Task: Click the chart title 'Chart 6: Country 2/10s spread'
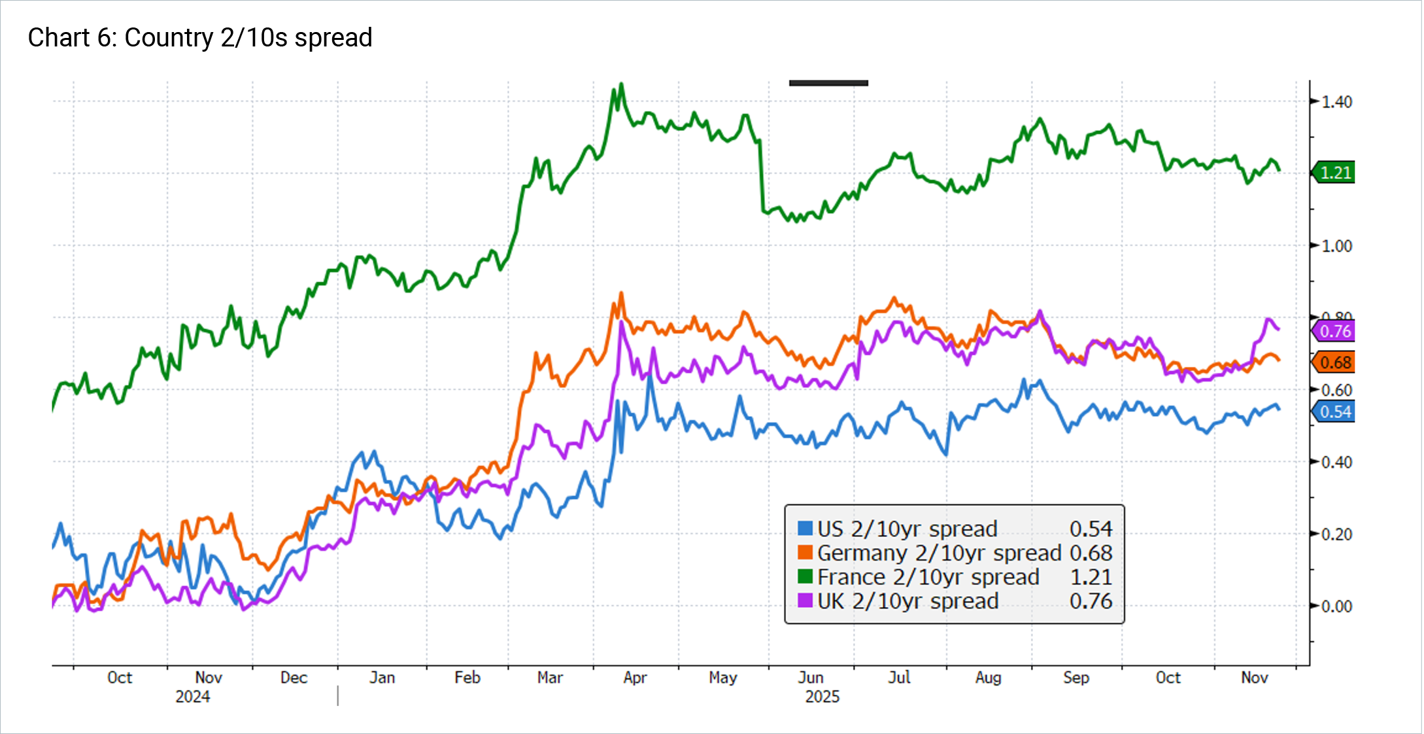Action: (x=199, y=38)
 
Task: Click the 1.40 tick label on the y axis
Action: (x=1336, y=102)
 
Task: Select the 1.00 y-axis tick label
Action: (x=1336, y=247)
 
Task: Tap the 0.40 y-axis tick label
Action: (x=1336, y=463)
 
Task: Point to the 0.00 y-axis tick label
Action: (x=1336, y=606)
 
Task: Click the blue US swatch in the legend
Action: (x=805, y=529)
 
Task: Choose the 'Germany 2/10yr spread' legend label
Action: (x=939, y=553)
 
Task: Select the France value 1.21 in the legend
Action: (x=1091, y=578)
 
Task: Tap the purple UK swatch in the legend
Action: (x=805, y=601)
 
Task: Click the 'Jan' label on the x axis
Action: (x=382, y=678)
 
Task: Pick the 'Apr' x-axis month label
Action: (x=635, y=678)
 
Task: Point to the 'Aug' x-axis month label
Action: (x=988, y=678)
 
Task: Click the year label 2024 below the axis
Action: (x=192, y=697)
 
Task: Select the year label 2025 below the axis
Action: (x=822, y=697)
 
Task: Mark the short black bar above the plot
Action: (x=828, y=83)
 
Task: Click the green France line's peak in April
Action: (x=621, y=84)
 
